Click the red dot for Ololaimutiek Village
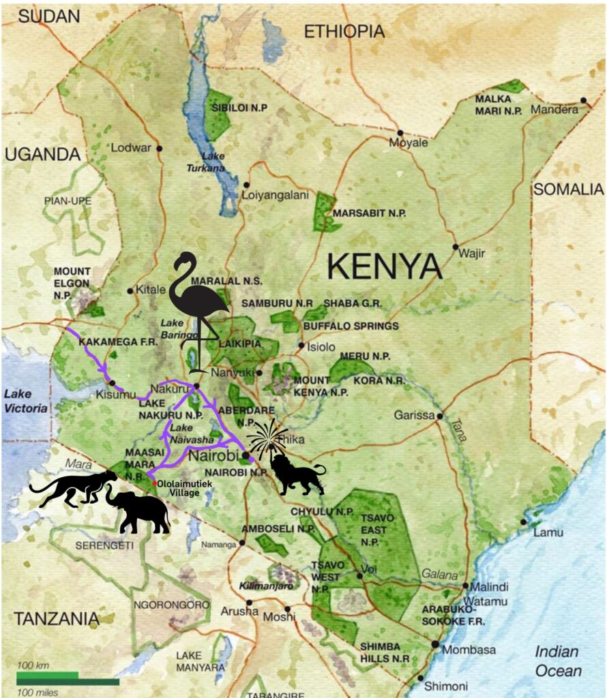pos(155,483)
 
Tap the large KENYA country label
pos(385,265)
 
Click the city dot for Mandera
pos(584,100)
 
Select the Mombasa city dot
pos(435,644)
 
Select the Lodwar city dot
pos(159,148)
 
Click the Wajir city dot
pos(456,247)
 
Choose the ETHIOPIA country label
pos(344,31)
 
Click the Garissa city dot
pos(441,415)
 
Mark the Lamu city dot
pos(523,522)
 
